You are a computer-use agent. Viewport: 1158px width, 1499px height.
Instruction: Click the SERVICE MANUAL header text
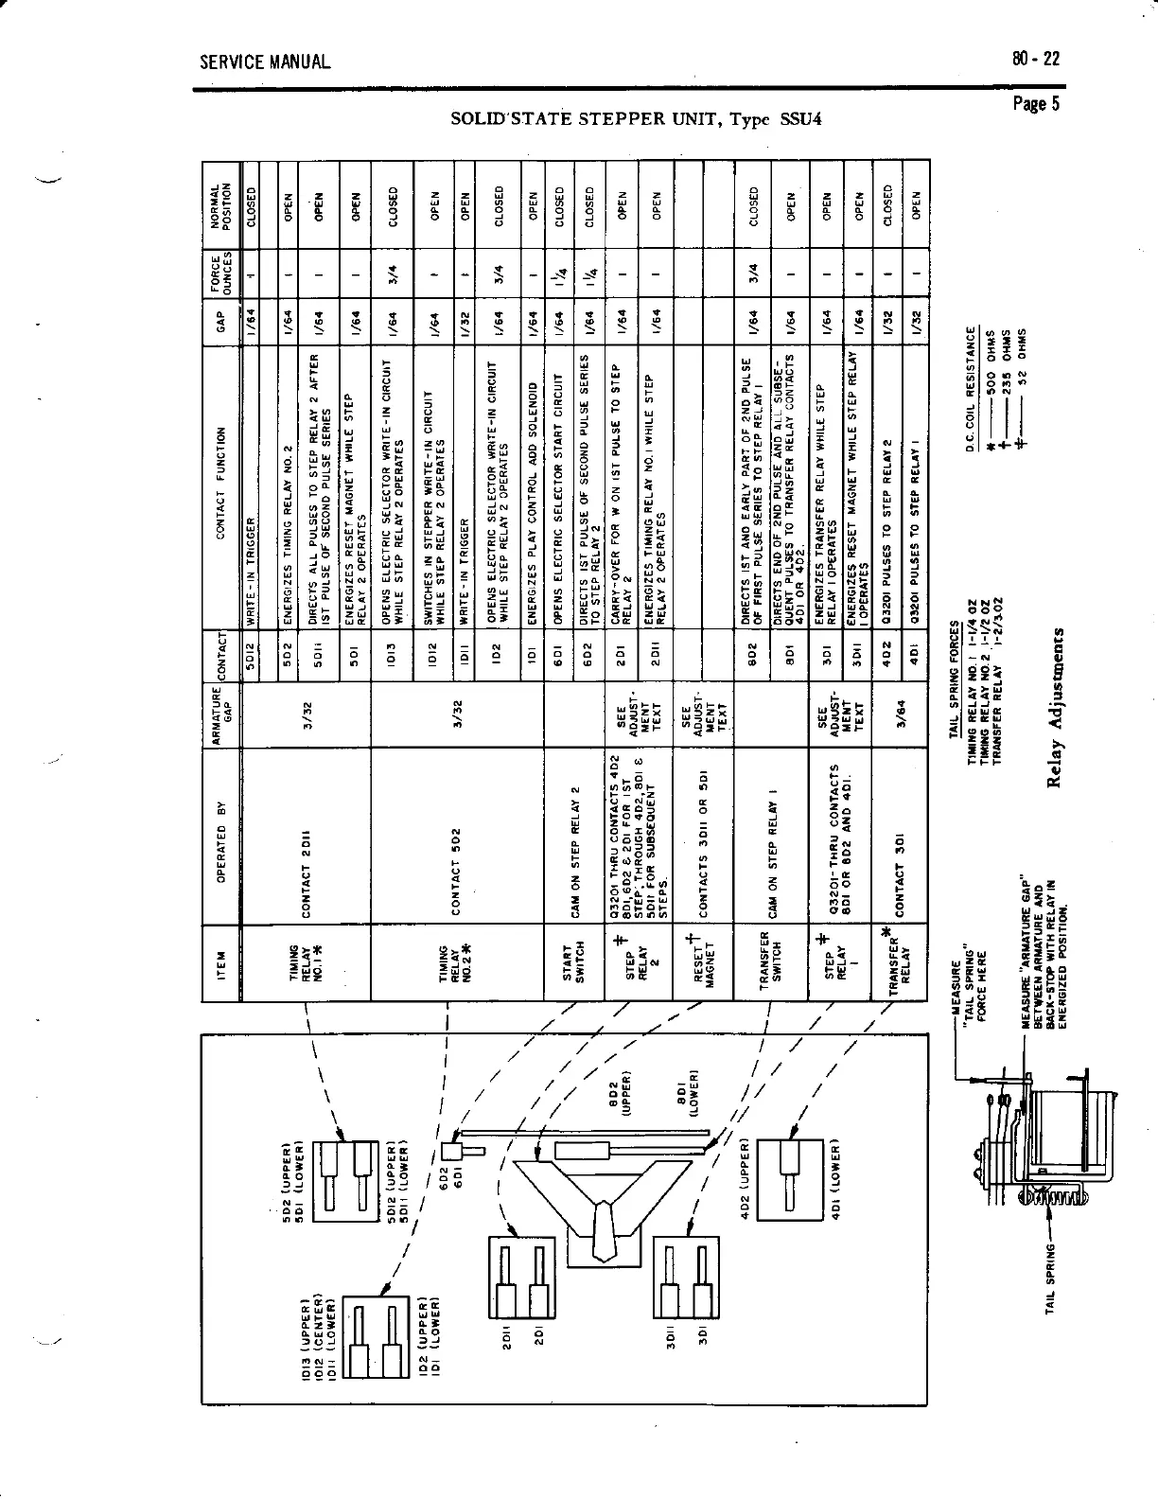click(265, 63)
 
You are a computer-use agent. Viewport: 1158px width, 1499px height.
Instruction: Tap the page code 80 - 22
click(1035, 59)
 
